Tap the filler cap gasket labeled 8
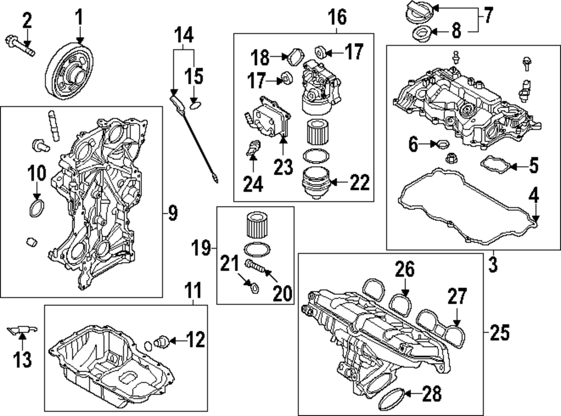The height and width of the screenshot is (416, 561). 420,35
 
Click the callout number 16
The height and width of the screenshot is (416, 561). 337,17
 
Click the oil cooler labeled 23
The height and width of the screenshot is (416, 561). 272,118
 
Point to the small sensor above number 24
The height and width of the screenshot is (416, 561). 254,149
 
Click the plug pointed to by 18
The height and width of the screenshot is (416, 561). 295,56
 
